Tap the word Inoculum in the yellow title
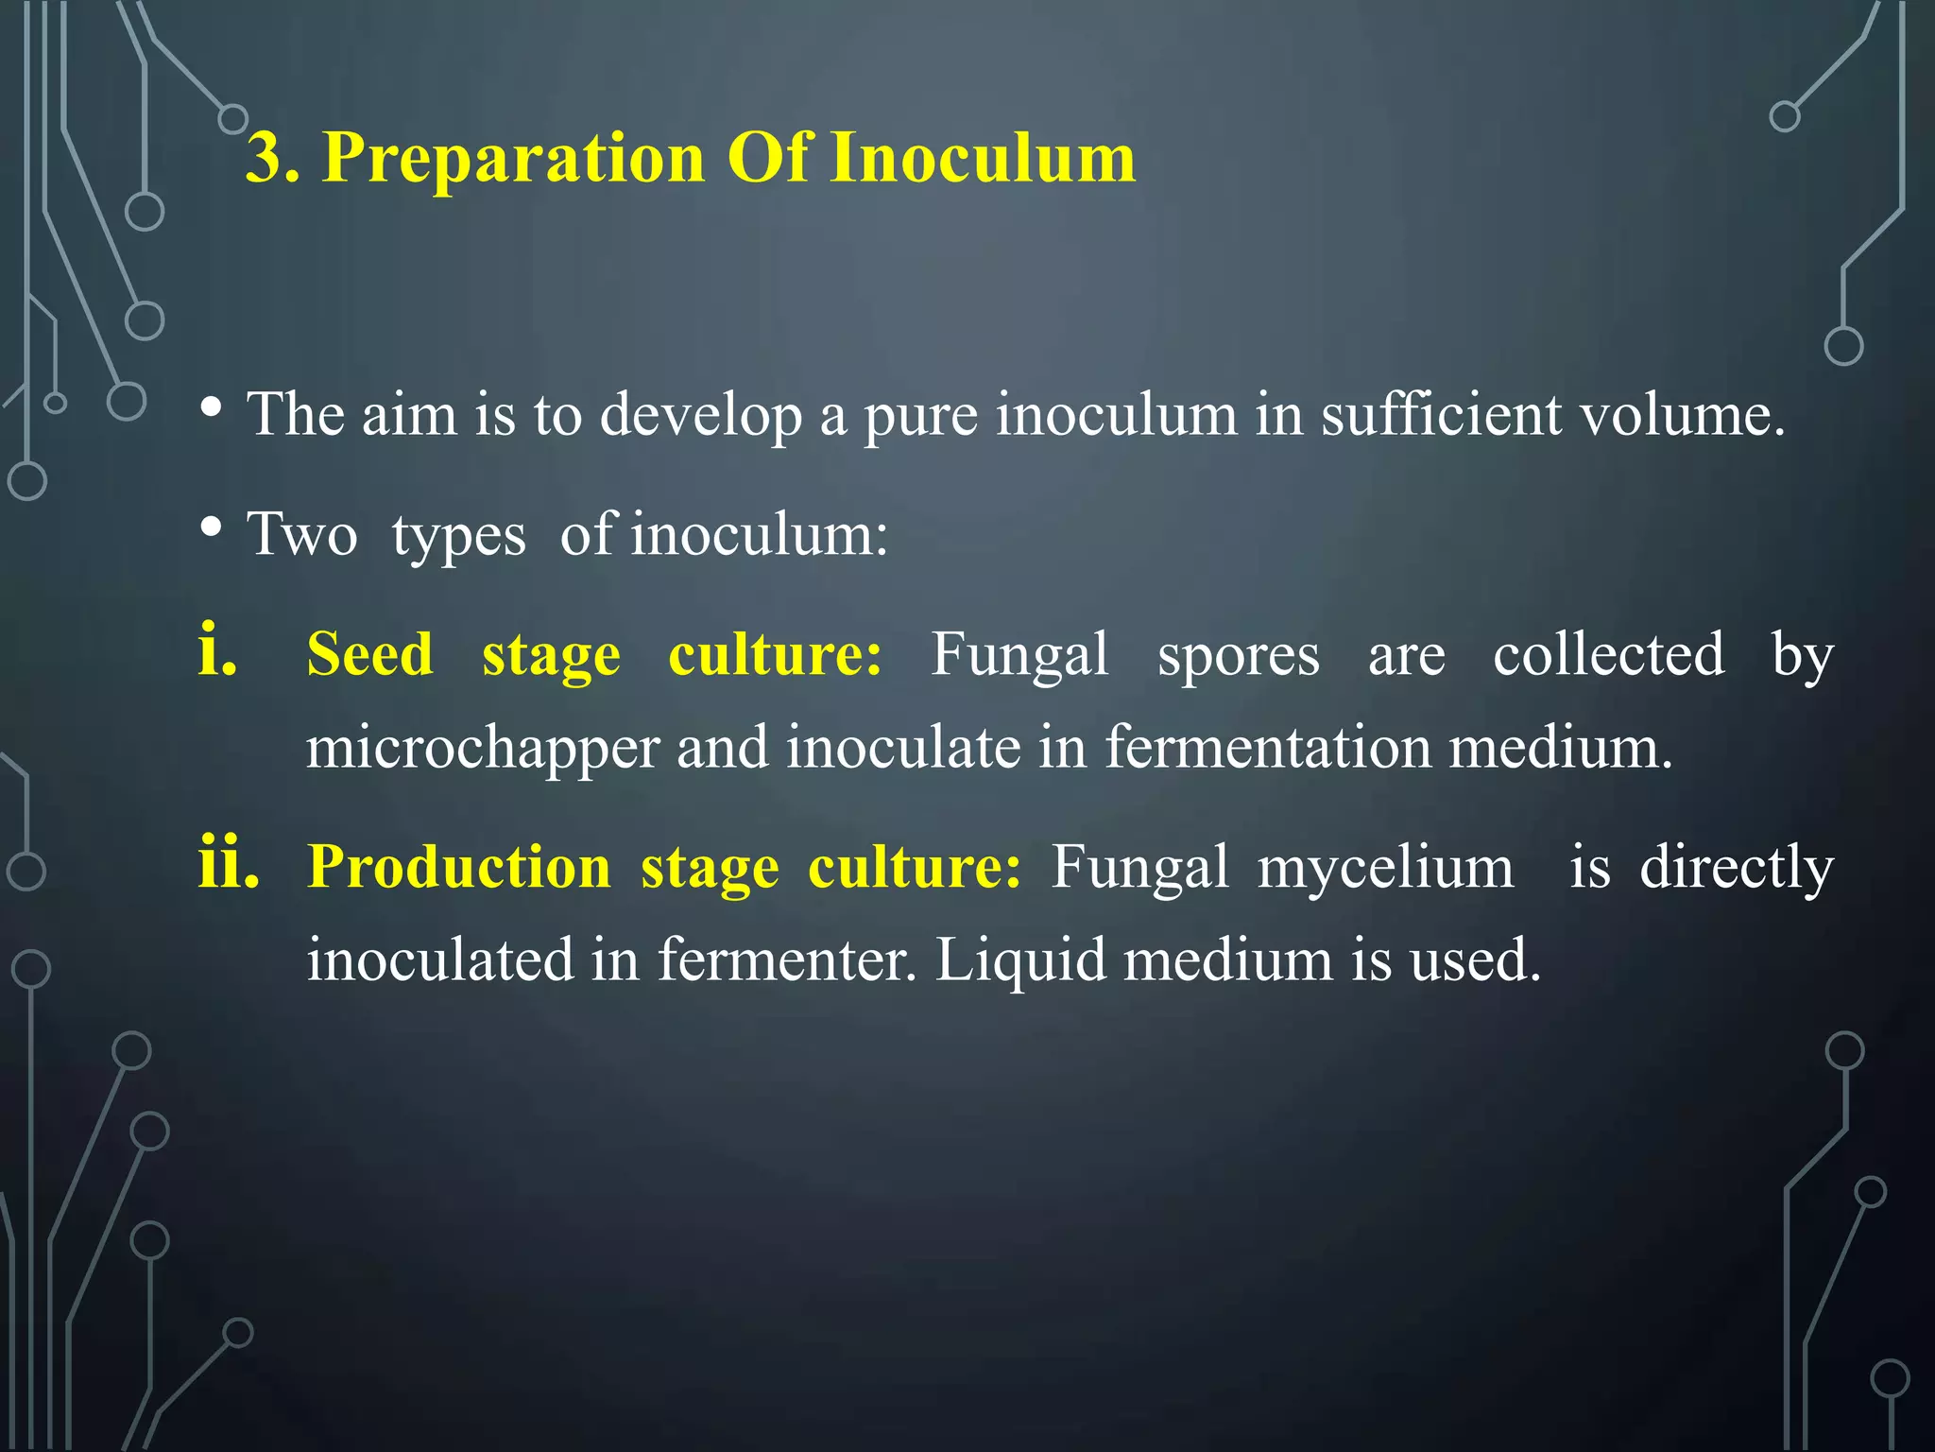(983, 158)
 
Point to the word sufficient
(1441, 415)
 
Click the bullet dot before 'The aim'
(212, 408)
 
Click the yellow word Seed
(370, 654)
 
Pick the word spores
(1239, 654)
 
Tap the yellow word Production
(460, 867)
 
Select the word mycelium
(1385, 867)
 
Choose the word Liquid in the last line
(1020, 960)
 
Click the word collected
(1608, 654)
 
